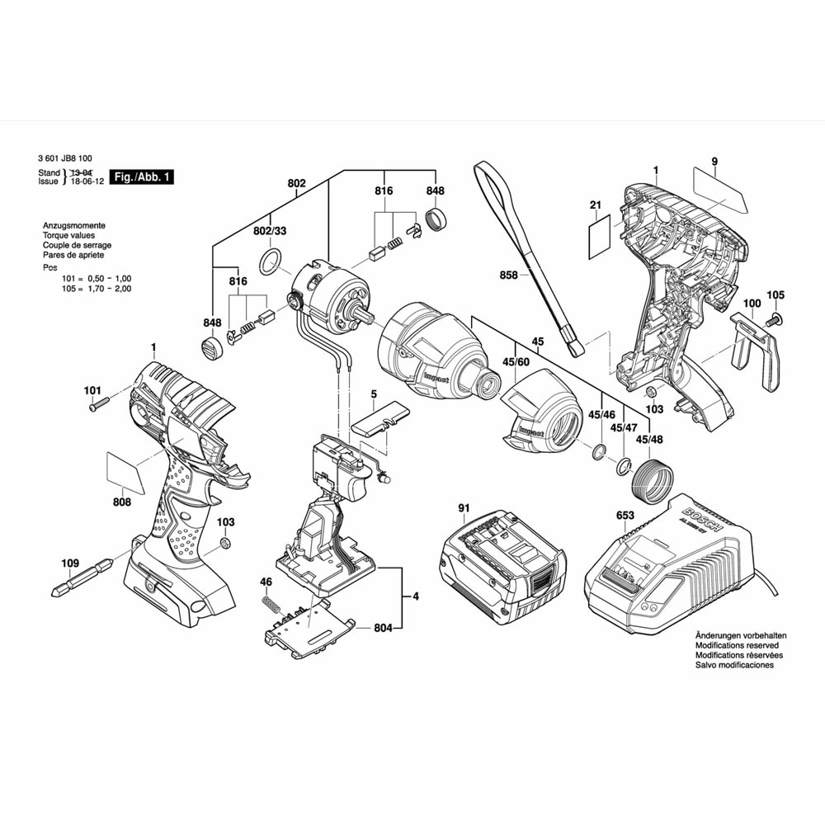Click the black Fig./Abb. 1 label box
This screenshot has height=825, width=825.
[143, 177]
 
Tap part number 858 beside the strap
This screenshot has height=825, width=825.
[508, 276]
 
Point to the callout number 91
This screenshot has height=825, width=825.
[464, 508]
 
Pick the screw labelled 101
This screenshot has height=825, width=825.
[99, 405]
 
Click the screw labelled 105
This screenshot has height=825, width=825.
[775, 318]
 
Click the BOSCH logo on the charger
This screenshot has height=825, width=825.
[702, 520]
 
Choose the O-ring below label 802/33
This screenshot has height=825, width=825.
[269, 264]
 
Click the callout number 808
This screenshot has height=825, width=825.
[121, 501]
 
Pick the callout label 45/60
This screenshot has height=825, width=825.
[518, 361]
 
